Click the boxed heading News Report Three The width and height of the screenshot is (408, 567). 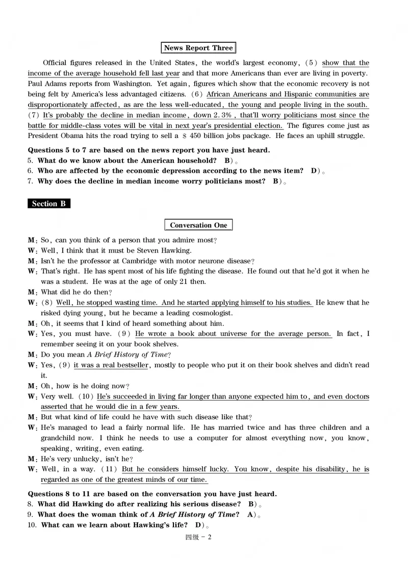[198, 48]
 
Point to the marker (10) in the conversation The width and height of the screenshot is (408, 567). [85, 396]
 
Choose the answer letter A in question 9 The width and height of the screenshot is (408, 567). [250, 515]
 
